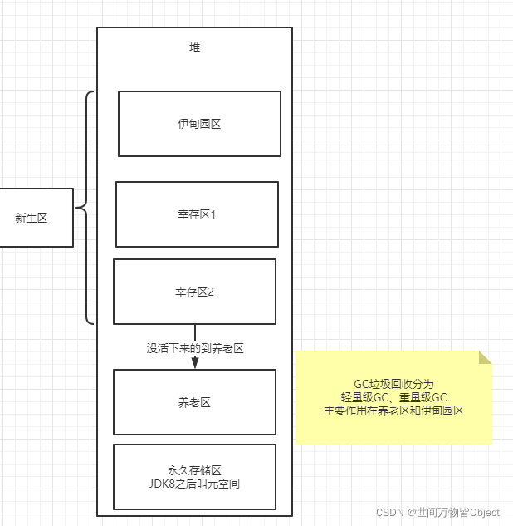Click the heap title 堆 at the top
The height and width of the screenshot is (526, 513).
[195, 47]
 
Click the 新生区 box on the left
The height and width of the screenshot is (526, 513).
[32, 218]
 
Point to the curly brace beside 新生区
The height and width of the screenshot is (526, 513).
[83, 208]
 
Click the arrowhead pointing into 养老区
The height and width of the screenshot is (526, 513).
[195, 363]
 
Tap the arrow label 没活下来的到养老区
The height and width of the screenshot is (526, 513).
[195, 349]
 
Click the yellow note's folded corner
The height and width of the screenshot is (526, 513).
[486, 357]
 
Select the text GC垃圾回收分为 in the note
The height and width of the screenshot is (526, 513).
[393, 384]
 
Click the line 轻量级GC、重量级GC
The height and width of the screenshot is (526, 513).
[393, 397]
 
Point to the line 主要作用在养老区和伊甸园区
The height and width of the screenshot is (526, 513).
[393, 410]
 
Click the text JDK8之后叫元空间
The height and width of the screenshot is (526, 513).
[195, 484]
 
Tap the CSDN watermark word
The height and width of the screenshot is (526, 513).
[390, 513]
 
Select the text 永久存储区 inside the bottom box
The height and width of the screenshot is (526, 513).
[195, 470]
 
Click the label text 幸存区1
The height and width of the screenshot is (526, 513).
[197, 215]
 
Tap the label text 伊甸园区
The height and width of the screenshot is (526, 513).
[199, 124]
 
